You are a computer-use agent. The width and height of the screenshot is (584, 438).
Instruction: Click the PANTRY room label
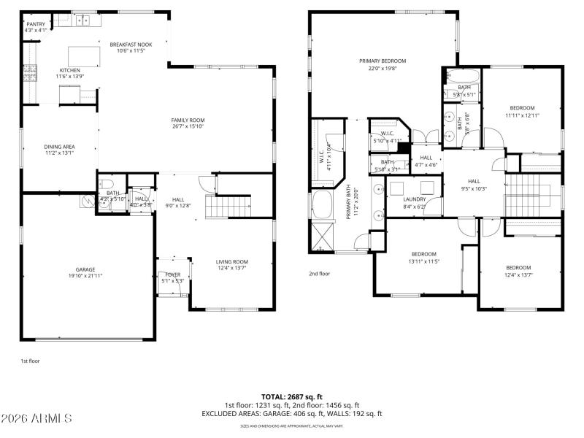pos(36,24)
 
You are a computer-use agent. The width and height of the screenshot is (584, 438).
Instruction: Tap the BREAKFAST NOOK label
pos(131,45)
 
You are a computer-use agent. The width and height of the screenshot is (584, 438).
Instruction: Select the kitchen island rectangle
pos(83,56)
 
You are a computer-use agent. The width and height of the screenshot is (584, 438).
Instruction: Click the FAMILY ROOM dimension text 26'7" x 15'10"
pos(188,126)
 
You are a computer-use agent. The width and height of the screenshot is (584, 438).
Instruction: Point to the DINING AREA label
pos(60,147)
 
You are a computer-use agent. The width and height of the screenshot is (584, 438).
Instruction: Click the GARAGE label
pos(85,269)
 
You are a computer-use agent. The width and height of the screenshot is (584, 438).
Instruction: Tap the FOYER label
pos(172,274)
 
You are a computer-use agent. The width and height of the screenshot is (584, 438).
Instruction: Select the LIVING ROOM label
pos(231,262)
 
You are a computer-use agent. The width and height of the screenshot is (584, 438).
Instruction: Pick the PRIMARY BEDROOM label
pos(382,61)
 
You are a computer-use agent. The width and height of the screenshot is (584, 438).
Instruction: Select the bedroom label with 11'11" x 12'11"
pos(522,108)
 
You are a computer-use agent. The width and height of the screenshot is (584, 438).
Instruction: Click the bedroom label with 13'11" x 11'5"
pos(423,254)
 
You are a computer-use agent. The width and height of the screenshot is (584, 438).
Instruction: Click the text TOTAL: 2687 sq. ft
pos(291,396)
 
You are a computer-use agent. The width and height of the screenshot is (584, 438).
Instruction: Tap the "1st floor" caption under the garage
pos(28,361)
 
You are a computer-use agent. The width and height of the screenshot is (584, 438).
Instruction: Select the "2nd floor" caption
pos(319,274)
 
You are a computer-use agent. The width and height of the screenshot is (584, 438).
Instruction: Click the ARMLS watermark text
pos(36,419)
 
